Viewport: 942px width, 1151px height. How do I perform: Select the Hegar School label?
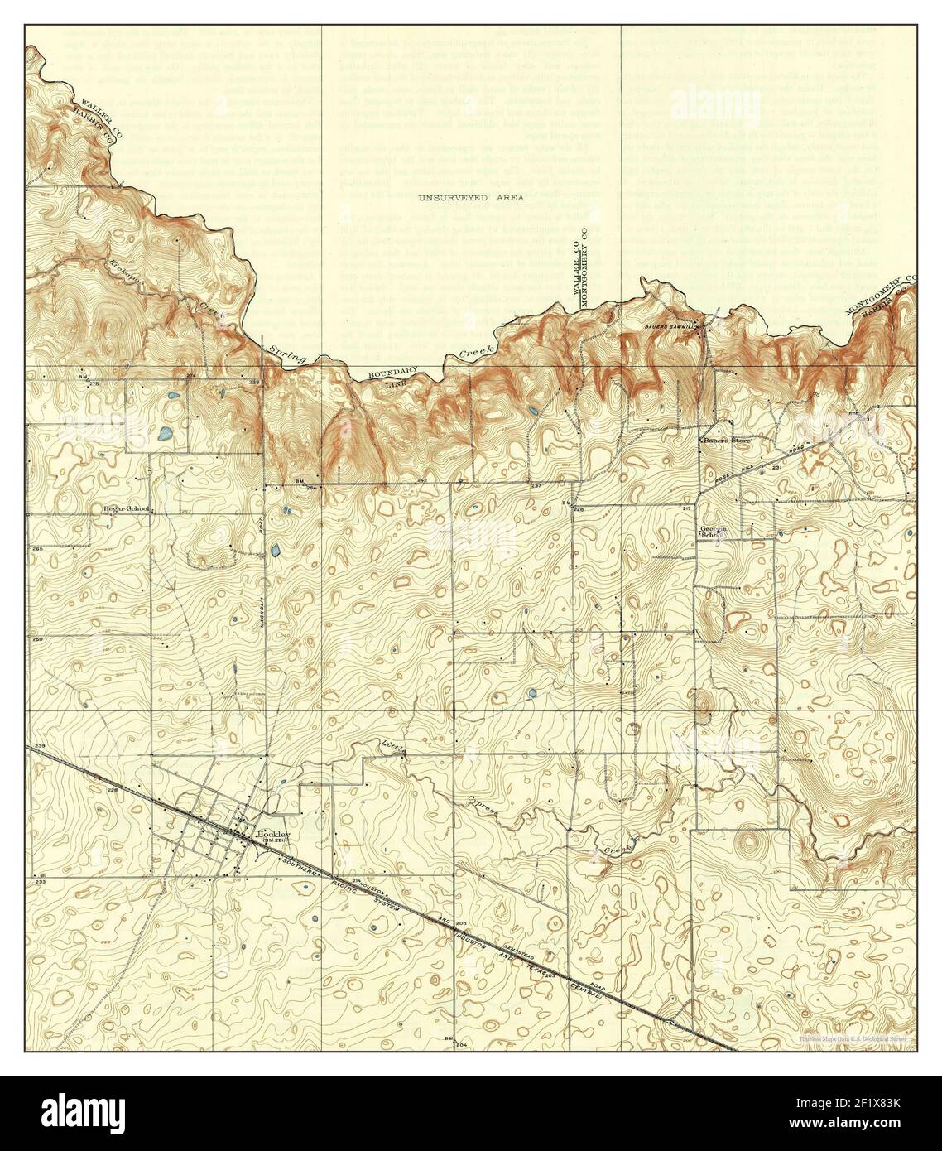(x=125, y=509)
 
